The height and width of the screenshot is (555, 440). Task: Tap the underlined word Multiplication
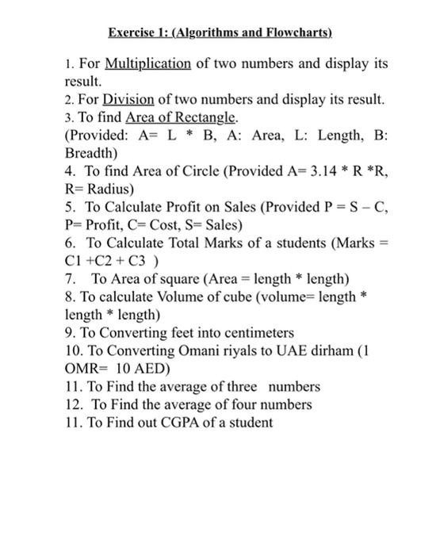[x=147, y=64]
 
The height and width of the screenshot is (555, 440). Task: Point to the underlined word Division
[x=128, y=99]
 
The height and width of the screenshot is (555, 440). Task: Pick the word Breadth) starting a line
[x=90, y=152]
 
